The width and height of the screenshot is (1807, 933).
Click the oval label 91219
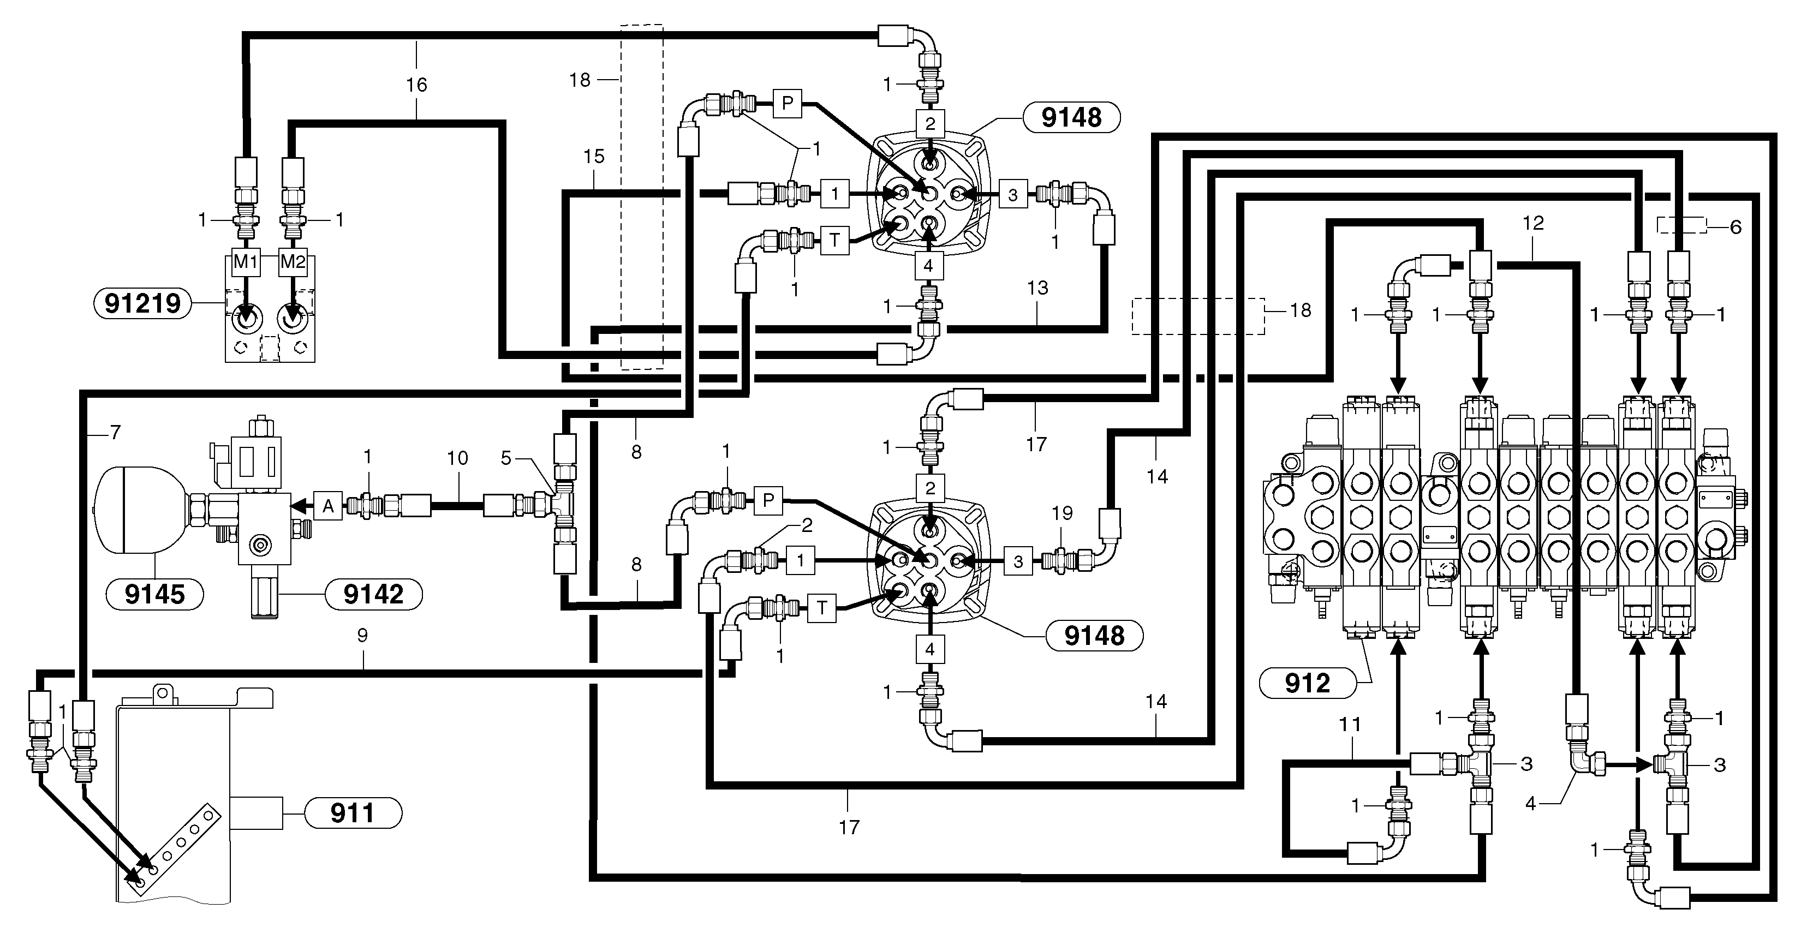click(x=142, y=304)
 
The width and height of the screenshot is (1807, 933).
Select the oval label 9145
click(x=154, y=594)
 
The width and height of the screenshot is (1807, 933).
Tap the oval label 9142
click(x=373, y=594)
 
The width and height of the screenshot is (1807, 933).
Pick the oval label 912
click(x=1308, y=683)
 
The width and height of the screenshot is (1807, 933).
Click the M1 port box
click(x=246, y=262)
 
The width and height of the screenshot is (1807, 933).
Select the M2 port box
click(x=293, y=262)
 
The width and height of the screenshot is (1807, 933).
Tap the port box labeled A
click(x=327, y=506)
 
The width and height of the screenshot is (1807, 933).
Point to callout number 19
click(x=1062, y=513)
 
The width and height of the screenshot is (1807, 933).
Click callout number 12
click(x=1534, y=223)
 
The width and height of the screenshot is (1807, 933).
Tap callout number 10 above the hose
click(x=457, y=458)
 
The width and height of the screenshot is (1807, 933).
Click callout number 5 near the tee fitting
click(x=506, y=458)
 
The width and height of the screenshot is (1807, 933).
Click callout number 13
click(x=1037, y=288)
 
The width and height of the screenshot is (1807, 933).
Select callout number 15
click(x=593, y=157)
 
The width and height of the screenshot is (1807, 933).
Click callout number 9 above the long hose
click(x=362, y=635)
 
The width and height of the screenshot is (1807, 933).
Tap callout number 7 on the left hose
click(x=116, y=432)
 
